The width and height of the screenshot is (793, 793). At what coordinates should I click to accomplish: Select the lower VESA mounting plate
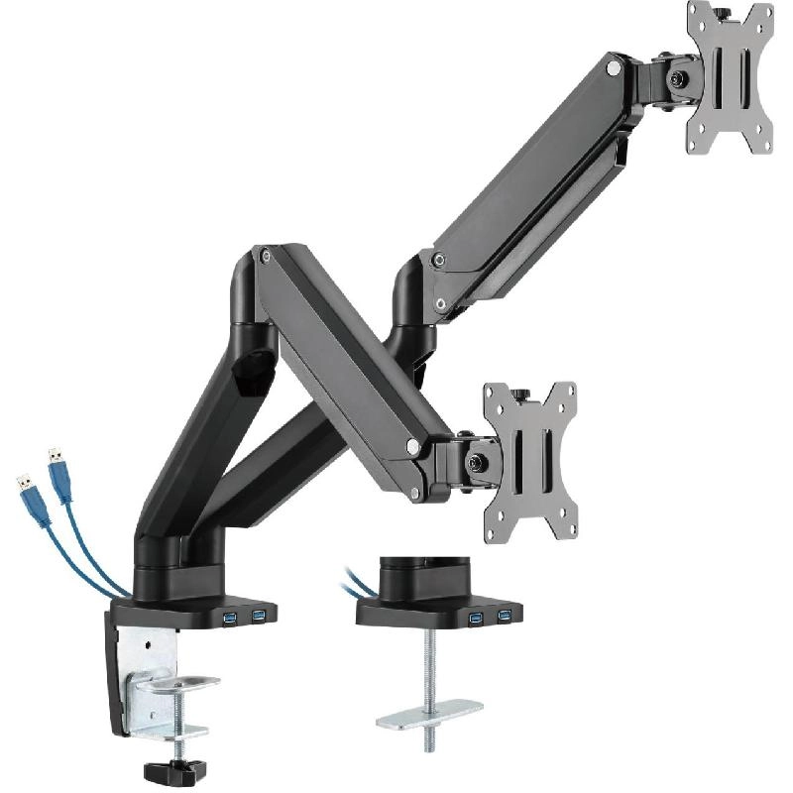coord(531,461)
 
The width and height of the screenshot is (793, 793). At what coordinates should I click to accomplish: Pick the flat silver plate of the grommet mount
coord(428,710)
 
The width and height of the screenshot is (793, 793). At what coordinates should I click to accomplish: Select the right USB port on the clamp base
coord(259,617)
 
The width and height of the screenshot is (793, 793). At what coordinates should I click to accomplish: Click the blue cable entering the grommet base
coord(356,585)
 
